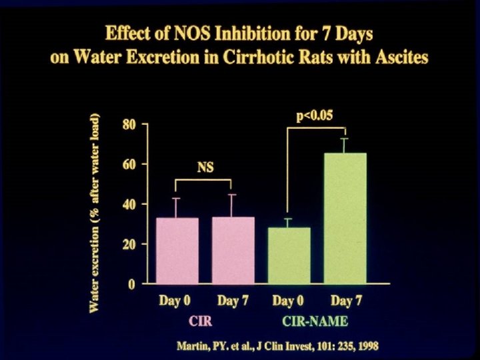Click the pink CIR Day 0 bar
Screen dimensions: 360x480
click(x=176, y=251)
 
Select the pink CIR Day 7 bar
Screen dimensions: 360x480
click(x=232, y=251)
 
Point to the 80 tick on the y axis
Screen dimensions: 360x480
click(x=129, y=125)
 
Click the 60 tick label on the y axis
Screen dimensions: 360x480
click(x=129, y=164)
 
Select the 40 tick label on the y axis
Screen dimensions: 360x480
click(x=129, y=204)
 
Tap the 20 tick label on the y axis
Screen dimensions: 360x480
click(x=129, y=244)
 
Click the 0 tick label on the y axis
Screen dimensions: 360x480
click(x=133, y=285)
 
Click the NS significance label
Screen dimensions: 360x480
click(x=205, y=168)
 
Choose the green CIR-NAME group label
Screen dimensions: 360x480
click(x=315, y=321)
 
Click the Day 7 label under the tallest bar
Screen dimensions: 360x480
click(x=345, y=301)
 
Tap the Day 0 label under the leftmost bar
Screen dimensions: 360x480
click(x=175, y=301)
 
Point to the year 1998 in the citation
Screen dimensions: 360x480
click(x=366, y=347)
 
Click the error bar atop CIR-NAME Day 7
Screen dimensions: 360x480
click(x=345, y=145)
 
